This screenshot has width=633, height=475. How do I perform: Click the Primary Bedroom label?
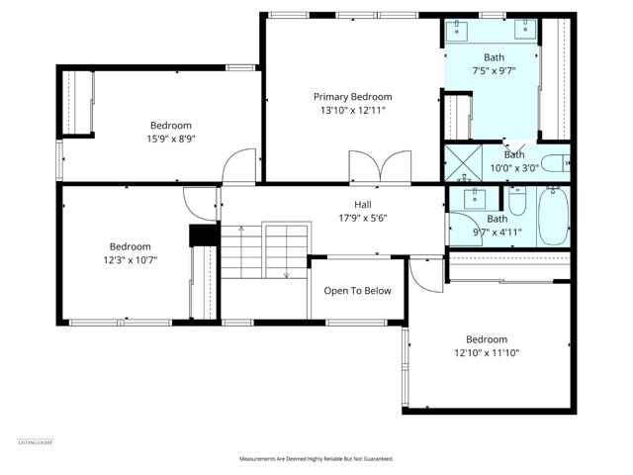tap(353, 97)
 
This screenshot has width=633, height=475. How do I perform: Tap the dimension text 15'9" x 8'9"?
tap(171, 140)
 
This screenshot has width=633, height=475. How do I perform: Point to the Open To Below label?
tap(358, 291)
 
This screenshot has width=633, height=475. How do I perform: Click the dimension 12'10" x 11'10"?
tap(487, 352)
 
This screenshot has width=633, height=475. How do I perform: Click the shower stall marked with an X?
tap(459, 163)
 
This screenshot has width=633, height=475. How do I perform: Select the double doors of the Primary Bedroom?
tap(380, 167)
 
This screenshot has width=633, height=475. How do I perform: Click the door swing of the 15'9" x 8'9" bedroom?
tap(238, 169)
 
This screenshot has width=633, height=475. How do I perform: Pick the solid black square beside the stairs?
tap(203, 235)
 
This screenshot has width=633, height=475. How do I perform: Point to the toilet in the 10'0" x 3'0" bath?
tap(557, 163)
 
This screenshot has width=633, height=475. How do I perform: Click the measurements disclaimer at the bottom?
tap(316, 459)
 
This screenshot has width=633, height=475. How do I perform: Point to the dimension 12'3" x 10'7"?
tap(130, 260)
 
